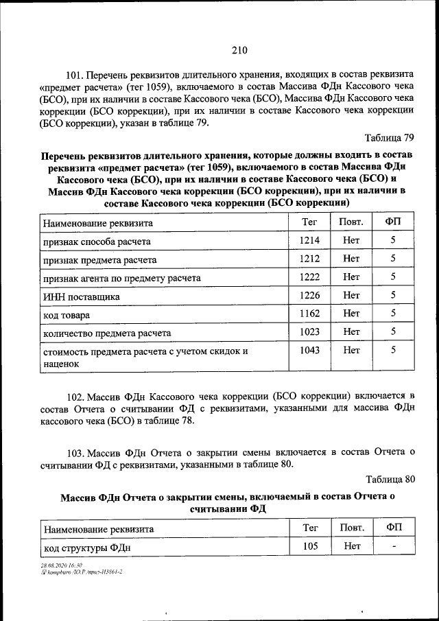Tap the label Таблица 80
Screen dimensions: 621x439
[x=390, y=478]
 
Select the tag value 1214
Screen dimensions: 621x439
[x=310, y=240]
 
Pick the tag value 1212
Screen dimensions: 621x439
[x=310, y=259]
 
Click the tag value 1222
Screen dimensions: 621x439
[x=310, y=277]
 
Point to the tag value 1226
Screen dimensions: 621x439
[x=310, y=295]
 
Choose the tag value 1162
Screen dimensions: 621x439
[x=310, y=313]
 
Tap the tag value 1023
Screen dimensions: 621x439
[x=310, y=331]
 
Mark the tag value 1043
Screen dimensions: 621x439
[x=310, y=349]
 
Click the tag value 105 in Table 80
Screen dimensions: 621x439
[x=310, y=547]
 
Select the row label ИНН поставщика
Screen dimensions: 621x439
[x=82, y=296]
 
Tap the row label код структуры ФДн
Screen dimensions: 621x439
[x=86, y=548]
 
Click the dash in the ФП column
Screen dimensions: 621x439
[x=393, y=547]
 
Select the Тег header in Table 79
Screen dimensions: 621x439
[x=310, y=222]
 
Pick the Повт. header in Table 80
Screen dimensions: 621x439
[x=351, y=528]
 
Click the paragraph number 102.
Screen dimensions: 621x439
[x=75, y=397]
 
